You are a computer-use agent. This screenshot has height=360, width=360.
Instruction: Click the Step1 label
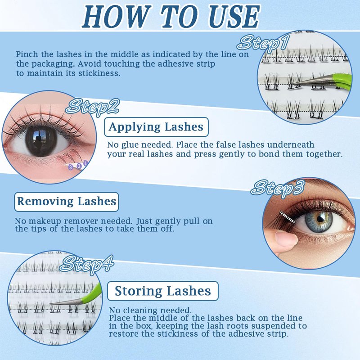(263, 44)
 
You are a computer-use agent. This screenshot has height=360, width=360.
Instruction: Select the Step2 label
(93, 107)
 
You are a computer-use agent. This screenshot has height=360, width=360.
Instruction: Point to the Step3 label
(278, 189)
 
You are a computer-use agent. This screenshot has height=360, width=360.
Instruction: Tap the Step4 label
(87, 264)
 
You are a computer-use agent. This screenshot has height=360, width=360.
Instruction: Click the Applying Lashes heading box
(156, 127)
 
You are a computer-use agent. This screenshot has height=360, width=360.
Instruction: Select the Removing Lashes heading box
(67, 202)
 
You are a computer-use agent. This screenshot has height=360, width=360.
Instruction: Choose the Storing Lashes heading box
(163, 291)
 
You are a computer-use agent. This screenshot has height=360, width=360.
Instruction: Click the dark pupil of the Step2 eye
(41, 140)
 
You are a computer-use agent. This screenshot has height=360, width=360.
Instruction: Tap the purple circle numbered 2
(79, 166)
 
